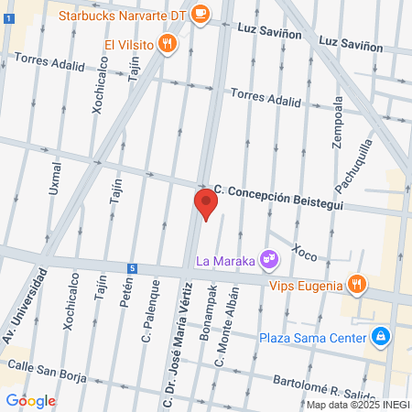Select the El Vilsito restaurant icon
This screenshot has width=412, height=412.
pyautogui.click(x=166, y=42)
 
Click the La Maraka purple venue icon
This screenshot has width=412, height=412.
pyautogui.click(x=268, y=260)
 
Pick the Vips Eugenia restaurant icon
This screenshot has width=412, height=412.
pyautogui.click(x=357, y=285)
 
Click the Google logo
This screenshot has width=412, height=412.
pyautogui.click(x=30, y=400)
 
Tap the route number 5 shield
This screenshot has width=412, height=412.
pyautogui.click(x=133, y=268)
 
